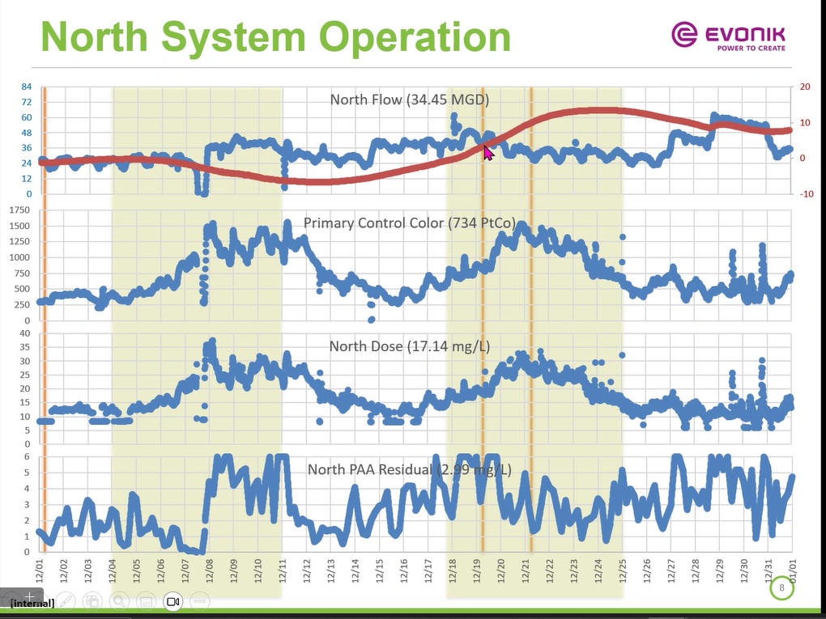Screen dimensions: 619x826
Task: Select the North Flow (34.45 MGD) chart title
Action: (409, 100)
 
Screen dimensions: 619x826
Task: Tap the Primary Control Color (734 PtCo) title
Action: (409, 223)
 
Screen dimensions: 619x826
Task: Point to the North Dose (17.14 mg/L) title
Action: (409, 346)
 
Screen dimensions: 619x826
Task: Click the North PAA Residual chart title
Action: (409, 469)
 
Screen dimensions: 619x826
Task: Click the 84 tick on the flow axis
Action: (27, 87)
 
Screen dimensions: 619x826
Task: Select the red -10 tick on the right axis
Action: (805, 194)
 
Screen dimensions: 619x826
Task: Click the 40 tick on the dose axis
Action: (25, 333)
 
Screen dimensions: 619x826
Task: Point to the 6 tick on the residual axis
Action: (28, 456)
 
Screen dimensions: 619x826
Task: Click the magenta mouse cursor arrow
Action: (488, 152)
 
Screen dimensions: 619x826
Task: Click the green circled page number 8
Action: (782, 588)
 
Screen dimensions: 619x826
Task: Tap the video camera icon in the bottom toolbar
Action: (172, 601)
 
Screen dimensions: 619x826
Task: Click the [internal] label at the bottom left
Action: (32, 603)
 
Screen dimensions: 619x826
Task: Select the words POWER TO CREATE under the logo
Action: (751, 49)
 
